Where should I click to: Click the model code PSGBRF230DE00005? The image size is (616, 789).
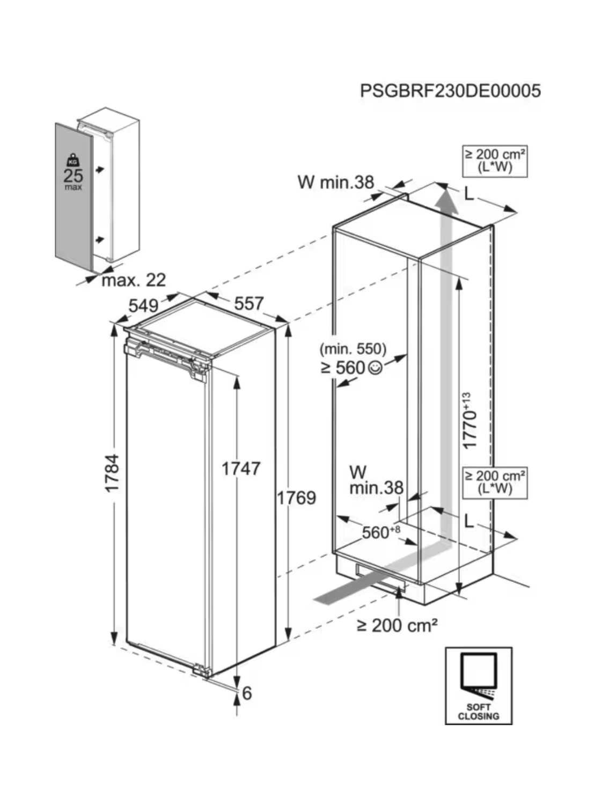click(x=450, y=90)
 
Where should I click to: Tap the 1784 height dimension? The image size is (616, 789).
click(x=112, y=473)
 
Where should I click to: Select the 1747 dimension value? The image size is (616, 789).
click(x=241, y=469)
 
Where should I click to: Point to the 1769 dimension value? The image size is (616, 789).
click(x=297, y=498)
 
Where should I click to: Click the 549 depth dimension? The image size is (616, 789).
click(x=143, y=306)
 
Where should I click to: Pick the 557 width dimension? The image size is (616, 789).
click(x=248, y=303)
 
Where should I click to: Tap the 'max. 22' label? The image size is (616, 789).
click(x=134, y=280)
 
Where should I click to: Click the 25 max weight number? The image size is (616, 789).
click(x=74, y=176)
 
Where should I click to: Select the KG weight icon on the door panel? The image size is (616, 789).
click(x=72, y=160)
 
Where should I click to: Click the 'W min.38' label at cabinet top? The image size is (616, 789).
click(x=335, y=182)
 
